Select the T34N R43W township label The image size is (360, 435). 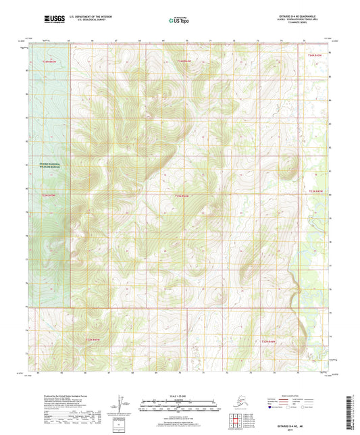coord(316,55)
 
